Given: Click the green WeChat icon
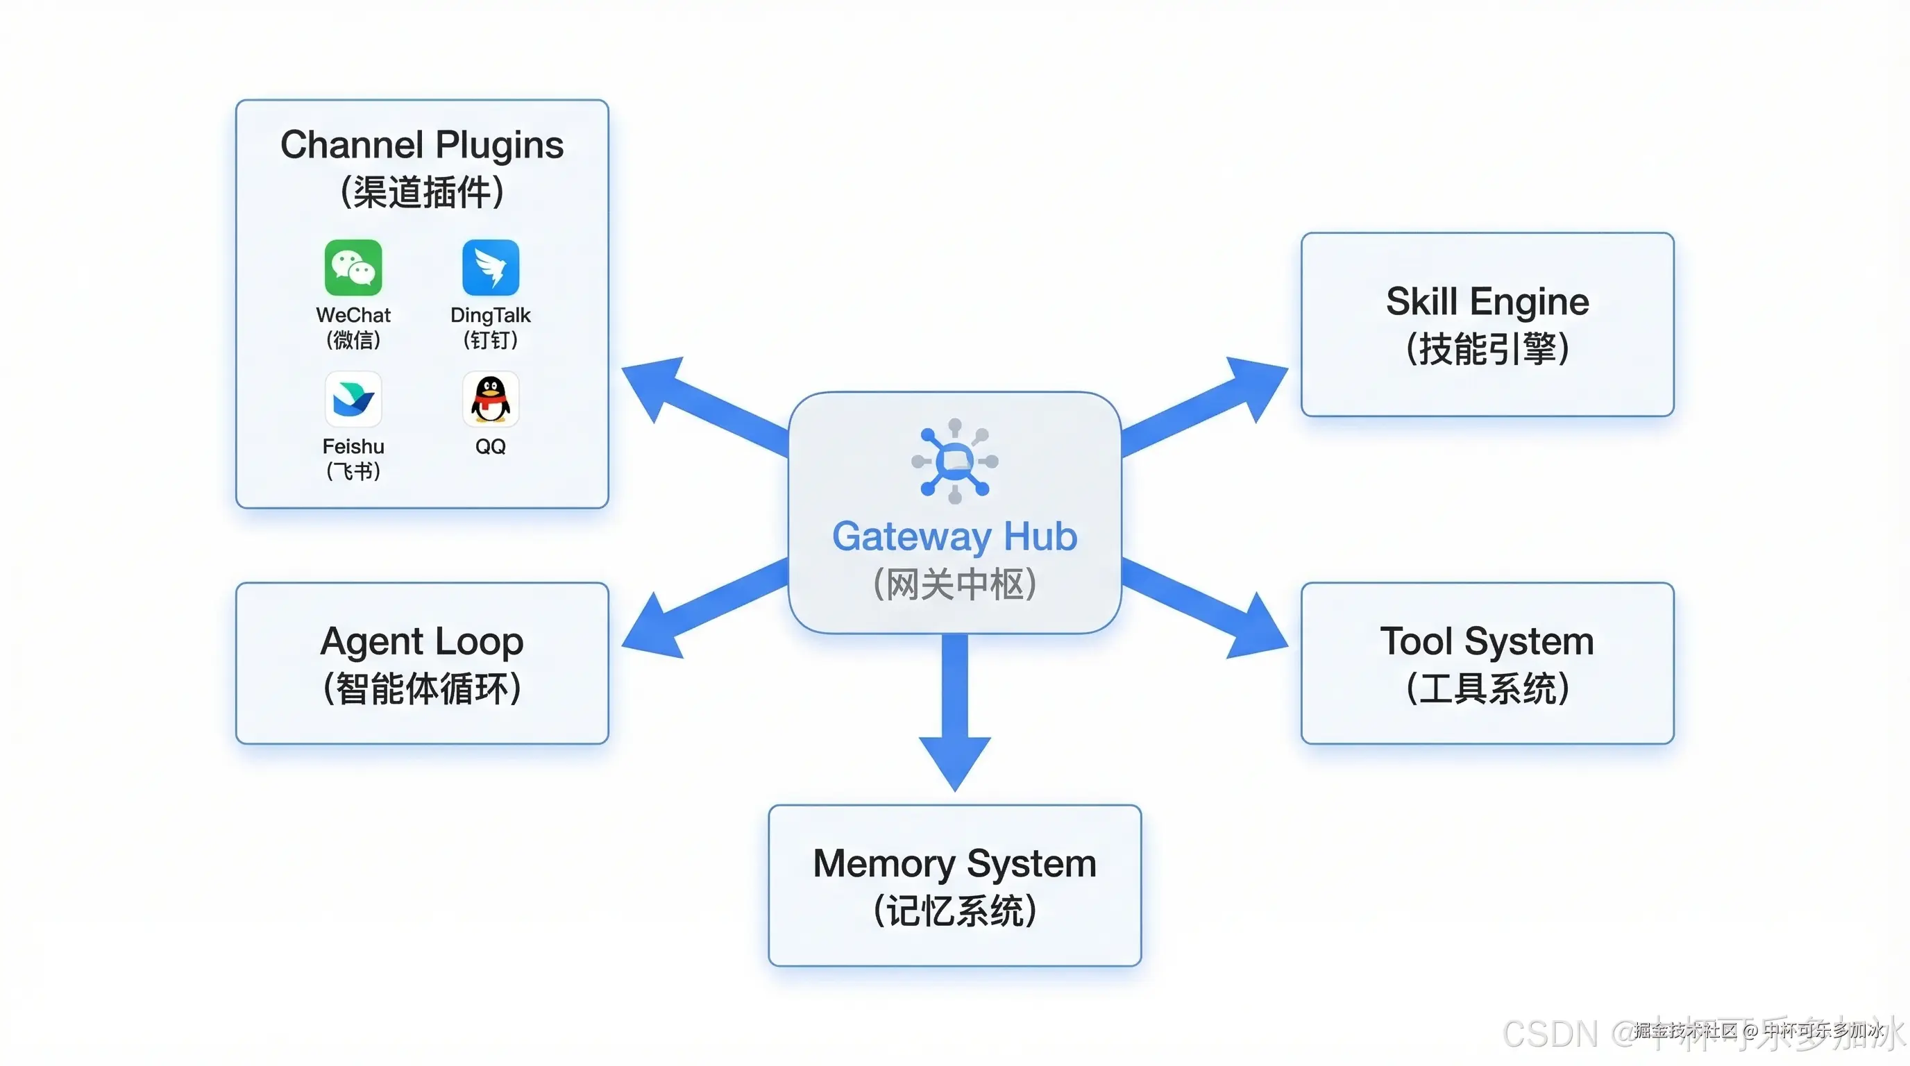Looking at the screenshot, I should (353, 268).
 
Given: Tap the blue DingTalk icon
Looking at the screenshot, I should (490, 268).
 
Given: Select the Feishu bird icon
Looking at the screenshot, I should (353, 399).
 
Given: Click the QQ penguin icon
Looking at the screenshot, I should (490, 399).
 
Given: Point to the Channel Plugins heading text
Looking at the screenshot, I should (422, 145).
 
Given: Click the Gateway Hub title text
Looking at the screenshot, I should (954, 536).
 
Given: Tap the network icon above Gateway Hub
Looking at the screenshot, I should (954, 461).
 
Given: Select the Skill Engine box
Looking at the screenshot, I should (1487, 325).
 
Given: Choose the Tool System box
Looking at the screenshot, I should (1487, 663).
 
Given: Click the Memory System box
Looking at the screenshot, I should (954, 886).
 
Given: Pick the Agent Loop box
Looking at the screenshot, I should (422, 663).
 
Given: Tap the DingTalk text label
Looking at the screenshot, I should (490, 315).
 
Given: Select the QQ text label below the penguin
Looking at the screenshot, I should (490, 446).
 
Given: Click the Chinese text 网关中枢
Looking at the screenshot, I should (954, 584).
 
